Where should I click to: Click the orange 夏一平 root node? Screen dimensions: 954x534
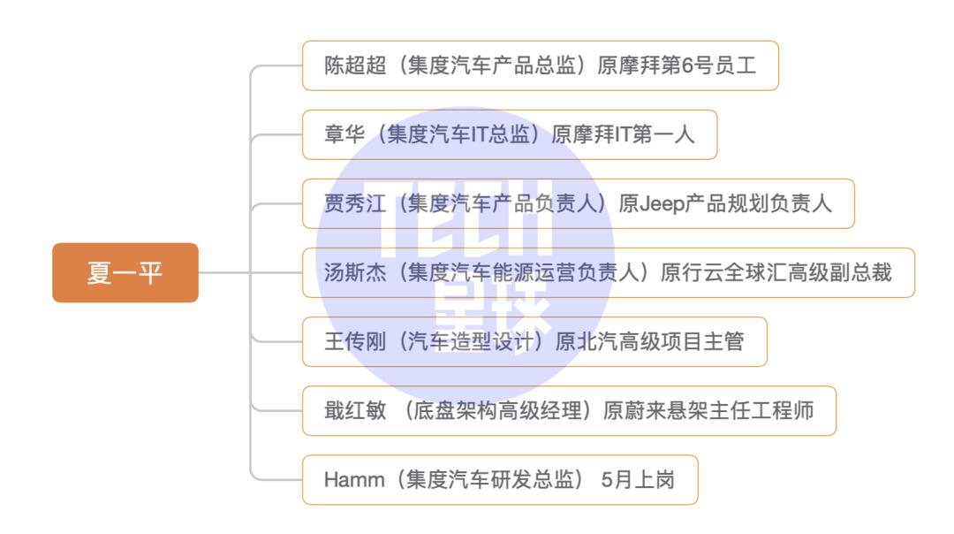tap(125, 272)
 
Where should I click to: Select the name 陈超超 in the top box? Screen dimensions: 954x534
tap(355, 65)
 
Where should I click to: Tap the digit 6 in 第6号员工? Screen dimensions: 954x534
tap(687, 65)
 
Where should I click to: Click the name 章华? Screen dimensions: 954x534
tap(344, 134)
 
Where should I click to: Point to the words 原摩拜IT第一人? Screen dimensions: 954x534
tap(623, 134)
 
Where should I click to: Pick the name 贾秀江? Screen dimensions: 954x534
tap(355, 203)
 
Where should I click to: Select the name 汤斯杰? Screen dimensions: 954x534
tap(355, 272)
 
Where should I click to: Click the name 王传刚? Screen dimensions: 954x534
tap(355, 341)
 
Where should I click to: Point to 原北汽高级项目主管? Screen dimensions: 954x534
tap(649, 341)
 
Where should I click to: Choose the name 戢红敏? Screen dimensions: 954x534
tap(355, 410)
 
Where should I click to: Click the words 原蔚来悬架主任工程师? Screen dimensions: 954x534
tap(708, 410)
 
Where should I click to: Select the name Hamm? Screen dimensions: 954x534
tap(354, 480)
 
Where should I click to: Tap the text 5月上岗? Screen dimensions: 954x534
tap(638, 480)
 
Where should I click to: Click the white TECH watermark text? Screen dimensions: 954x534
tap(466, 218)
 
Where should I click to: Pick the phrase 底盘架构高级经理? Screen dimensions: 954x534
tap(497, 410)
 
